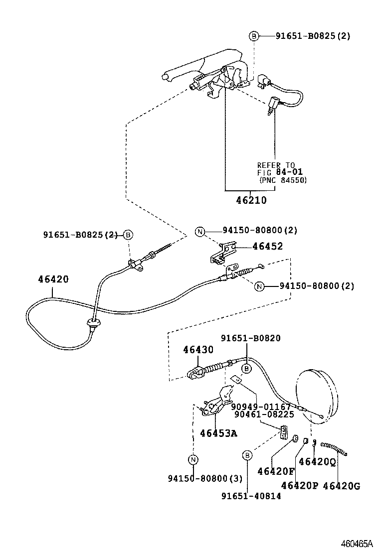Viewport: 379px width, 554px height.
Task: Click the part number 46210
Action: pyautogui.click(x=251, y=200)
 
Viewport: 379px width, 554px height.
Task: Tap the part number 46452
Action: pyautogui.click(x=267, y=246)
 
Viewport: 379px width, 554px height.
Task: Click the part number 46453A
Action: pyautogui.click(x=218, y=433)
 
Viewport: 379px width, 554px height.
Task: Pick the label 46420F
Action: pyautogui.click(x=276, y=471)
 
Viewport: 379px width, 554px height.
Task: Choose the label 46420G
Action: pyautogui.click(x=341, y=485)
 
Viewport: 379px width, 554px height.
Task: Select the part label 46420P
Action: pyautogui.click(x=299, y=485)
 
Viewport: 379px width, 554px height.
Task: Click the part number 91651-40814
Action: pyautogui.click(x=251, y=496)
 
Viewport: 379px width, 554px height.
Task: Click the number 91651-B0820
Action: pyautogui.click(x=252, y=338)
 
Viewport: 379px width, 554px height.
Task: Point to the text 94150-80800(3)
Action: pyautogui.click(x=205, y=479)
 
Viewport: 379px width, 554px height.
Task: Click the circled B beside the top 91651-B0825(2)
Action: pyautogui.click(x=254, y=36)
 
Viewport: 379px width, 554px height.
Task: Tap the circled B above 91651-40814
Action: pyautogui.click(x=246, y=455)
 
